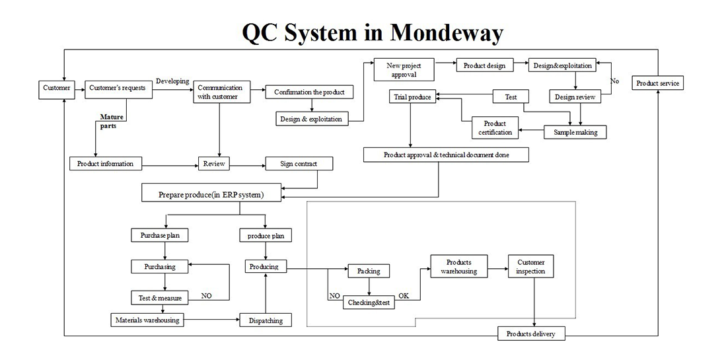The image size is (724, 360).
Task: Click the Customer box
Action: pos(56,89)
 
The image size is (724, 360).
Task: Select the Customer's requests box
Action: pos(118,89)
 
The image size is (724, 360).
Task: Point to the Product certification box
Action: pos(495,128)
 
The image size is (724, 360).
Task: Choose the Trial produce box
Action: pos(412,97)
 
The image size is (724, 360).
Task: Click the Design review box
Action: pos(574,97)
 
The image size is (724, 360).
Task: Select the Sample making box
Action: pos(575,132)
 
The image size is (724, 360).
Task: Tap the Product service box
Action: pos(657,83)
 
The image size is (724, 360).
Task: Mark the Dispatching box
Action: pos(266,320)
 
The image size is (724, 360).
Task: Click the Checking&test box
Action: pos(369,303)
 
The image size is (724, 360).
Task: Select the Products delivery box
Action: pos(531,334)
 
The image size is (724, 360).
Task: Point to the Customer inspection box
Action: pos(530,267)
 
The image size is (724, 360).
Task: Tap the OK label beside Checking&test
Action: pos(404,296)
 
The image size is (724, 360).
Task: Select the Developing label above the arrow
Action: pos(172,81)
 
